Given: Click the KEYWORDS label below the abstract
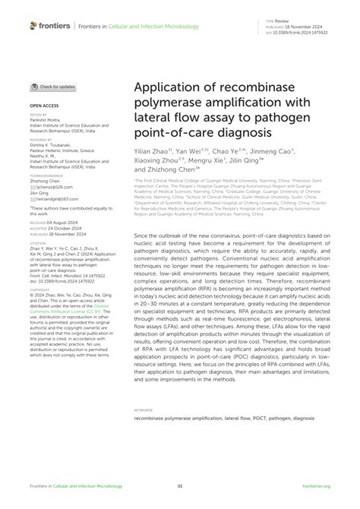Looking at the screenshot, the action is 144,410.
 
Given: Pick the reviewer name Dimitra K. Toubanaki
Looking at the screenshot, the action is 55,145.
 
